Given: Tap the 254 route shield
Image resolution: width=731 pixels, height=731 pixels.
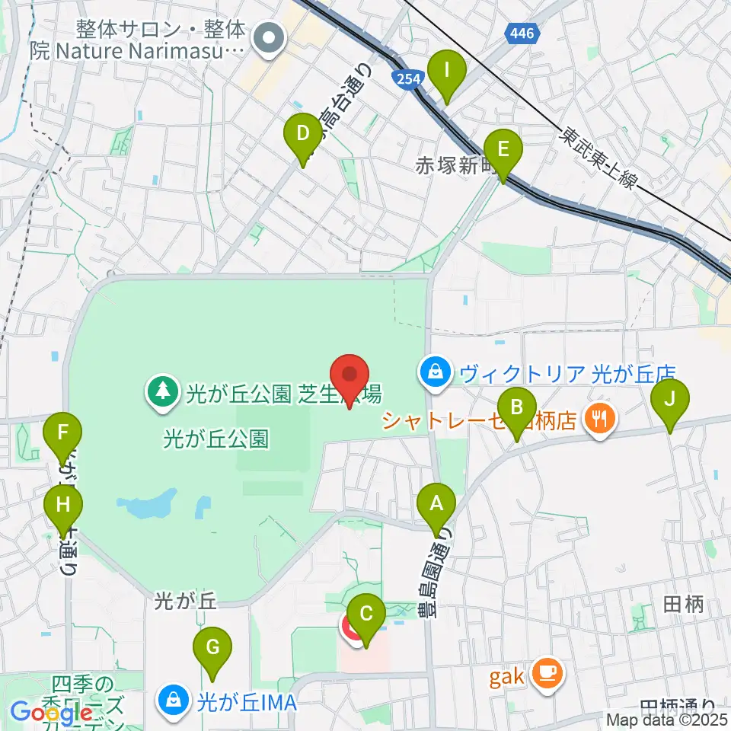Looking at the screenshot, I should (405, 77).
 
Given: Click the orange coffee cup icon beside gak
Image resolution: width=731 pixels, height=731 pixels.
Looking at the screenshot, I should (548, 672).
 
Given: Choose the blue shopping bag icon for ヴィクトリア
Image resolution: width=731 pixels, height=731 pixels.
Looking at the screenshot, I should (433, 373).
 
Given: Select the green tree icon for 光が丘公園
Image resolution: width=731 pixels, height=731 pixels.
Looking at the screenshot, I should (162, 393).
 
